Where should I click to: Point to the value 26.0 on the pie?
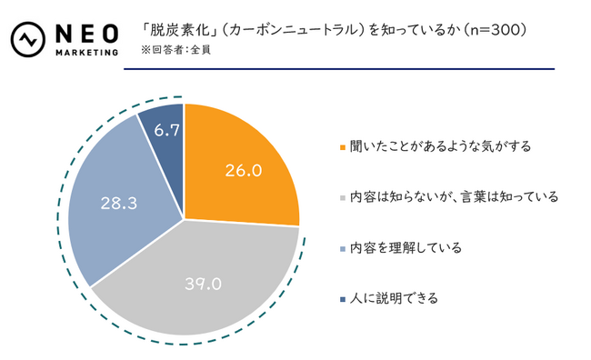(243, 170)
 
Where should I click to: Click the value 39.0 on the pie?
(203, 284)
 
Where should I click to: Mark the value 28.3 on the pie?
(118, 205)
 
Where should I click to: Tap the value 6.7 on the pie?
(166, 130)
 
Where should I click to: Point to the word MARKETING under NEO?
(87, 53)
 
